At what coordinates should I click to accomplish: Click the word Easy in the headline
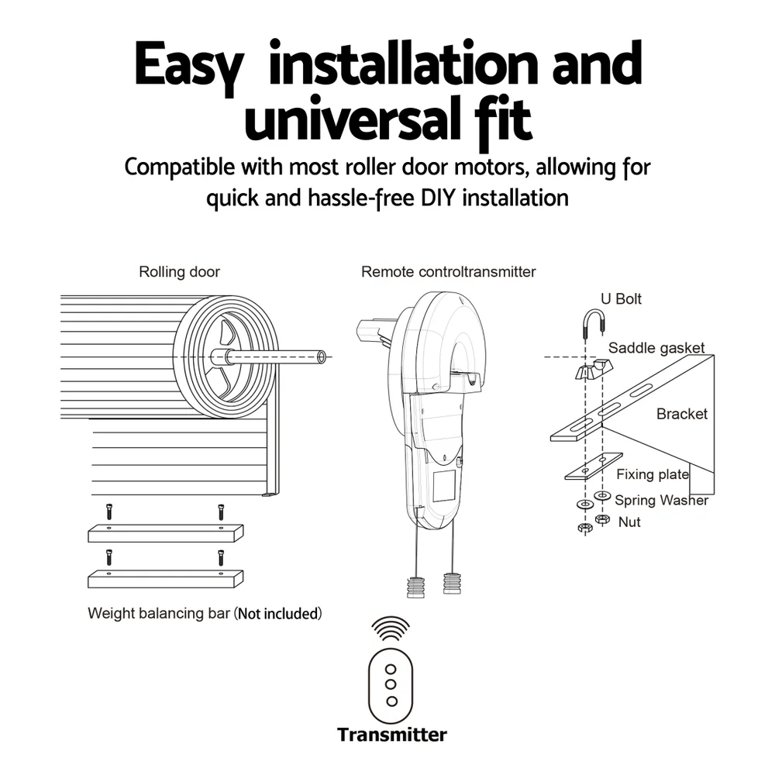[189, 65]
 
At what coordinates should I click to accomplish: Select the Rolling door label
[179, 272]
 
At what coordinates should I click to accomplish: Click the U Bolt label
[621, 298]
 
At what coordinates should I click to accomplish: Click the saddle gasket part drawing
[594, 369]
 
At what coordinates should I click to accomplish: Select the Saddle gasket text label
[656, 348]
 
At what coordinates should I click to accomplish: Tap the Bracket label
[681, 414]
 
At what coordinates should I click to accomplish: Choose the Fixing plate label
[652, 474]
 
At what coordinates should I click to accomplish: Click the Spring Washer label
[661, 500]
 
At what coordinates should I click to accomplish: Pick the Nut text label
[629, 522]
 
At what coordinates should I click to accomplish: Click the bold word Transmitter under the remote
[392, 735]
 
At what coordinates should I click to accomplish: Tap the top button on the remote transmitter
[391, 670]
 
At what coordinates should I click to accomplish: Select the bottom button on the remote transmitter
[392, 701]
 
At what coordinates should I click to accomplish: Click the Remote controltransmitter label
[448, 272]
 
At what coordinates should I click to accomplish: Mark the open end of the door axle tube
[322, 356]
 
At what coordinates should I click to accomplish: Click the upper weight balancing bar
[166, 533]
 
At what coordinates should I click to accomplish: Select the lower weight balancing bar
[166, 579]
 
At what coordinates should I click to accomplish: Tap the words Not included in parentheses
[277, 613]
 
